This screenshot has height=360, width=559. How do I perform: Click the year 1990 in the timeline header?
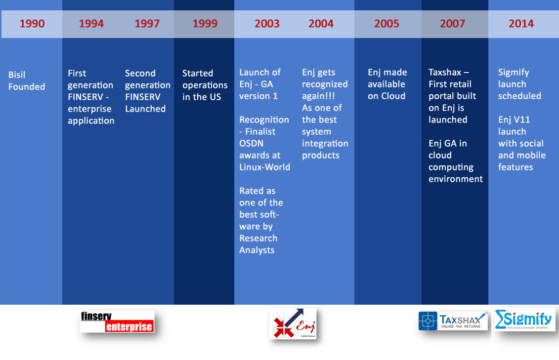[32, 24]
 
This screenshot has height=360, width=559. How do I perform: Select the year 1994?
[91, 24]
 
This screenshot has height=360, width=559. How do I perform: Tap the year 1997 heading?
[147, 24]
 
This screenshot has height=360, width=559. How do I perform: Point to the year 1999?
[205, 24]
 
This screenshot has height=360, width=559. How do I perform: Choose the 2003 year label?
[267, 24]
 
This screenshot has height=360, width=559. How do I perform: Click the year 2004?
[321, 24]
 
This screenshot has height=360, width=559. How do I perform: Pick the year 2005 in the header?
[387, 24]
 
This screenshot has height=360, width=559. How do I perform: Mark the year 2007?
[452, 24]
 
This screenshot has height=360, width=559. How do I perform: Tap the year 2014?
[521, 24]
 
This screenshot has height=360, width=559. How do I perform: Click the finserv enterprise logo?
[117, 322]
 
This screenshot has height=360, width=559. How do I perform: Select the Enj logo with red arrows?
[293, 323]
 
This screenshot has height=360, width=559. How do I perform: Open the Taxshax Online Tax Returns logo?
[453, 320]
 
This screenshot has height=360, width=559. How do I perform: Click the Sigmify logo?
[525, 320]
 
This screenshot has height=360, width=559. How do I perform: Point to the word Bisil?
[17, 75]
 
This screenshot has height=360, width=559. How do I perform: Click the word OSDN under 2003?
[252, 144]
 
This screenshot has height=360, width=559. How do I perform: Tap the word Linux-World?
[264, 167]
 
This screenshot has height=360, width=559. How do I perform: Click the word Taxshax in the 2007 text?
[445, 72]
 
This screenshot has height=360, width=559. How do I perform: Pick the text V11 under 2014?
[522, 120]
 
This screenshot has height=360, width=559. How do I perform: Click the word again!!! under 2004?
[318, 96]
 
